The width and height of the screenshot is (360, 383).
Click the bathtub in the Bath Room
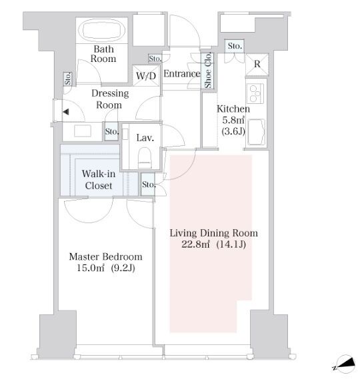[x=102, y=31]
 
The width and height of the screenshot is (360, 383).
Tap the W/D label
[x=146, y=76]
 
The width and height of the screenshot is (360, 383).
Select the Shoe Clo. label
[x=207, y=71]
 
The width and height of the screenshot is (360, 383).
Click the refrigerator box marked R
[x=257, y=65]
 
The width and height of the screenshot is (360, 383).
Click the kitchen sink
[x=256, y=132]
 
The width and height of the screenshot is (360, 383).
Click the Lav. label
[x=145, y=138]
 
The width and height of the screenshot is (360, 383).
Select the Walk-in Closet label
[x=99, y=180]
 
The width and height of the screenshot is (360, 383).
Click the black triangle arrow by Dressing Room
[x=66, y=112]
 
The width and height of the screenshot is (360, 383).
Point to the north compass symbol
[x=345, y=364]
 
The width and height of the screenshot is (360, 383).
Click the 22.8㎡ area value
[x=195, y=244]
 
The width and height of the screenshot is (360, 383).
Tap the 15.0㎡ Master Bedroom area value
[x=91, y=268]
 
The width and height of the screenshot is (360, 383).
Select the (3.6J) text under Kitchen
[x=233, y=132]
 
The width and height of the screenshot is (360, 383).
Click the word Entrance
[x=182, y=73]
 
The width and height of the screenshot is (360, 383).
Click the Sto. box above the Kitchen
[x=235, y=46]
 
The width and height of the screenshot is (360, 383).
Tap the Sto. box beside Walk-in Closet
[x=148, y=184]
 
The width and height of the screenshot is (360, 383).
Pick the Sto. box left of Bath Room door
[x=68, y=79]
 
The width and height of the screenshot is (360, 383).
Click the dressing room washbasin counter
[x=83, y=131]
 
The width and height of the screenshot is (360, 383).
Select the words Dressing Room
[x=110, y=99]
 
